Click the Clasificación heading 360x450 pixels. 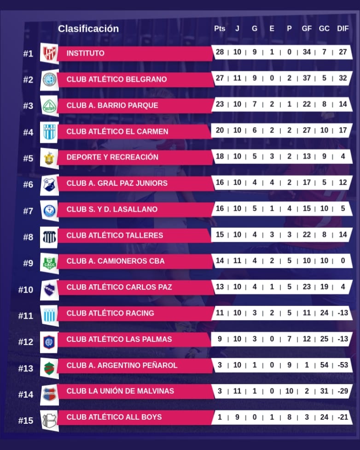pos(88,29)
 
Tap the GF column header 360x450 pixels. pos(307,29)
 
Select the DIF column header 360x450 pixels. pos(343,29)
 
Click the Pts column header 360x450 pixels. pos(220,29)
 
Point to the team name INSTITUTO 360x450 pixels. pos(85,53)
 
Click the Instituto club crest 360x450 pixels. pos(48,53)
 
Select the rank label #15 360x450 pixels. pos(26,420)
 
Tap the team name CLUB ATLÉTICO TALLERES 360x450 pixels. pos(115,235)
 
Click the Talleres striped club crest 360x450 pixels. pos(48,236)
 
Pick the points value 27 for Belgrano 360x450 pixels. pos(220,78)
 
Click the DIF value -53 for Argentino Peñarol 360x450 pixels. pos(342,365)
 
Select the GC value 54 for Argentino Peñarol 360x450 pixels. pos(324,365)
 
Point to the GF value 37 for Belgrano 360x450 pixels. pos(307,78)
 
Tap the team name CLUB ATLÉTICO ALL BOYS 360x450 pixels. pos(114,417)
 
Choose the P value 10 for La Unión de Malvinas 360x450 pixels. pos(289,391)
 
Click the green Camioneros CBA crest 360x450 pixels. pos(48,262)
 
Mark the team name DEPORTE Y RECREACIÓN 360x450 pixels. pos(112,157)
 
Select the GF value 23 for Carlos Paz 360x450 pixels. pos(307,287)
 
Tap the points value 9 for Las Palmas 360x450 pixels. pos(220,339)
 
